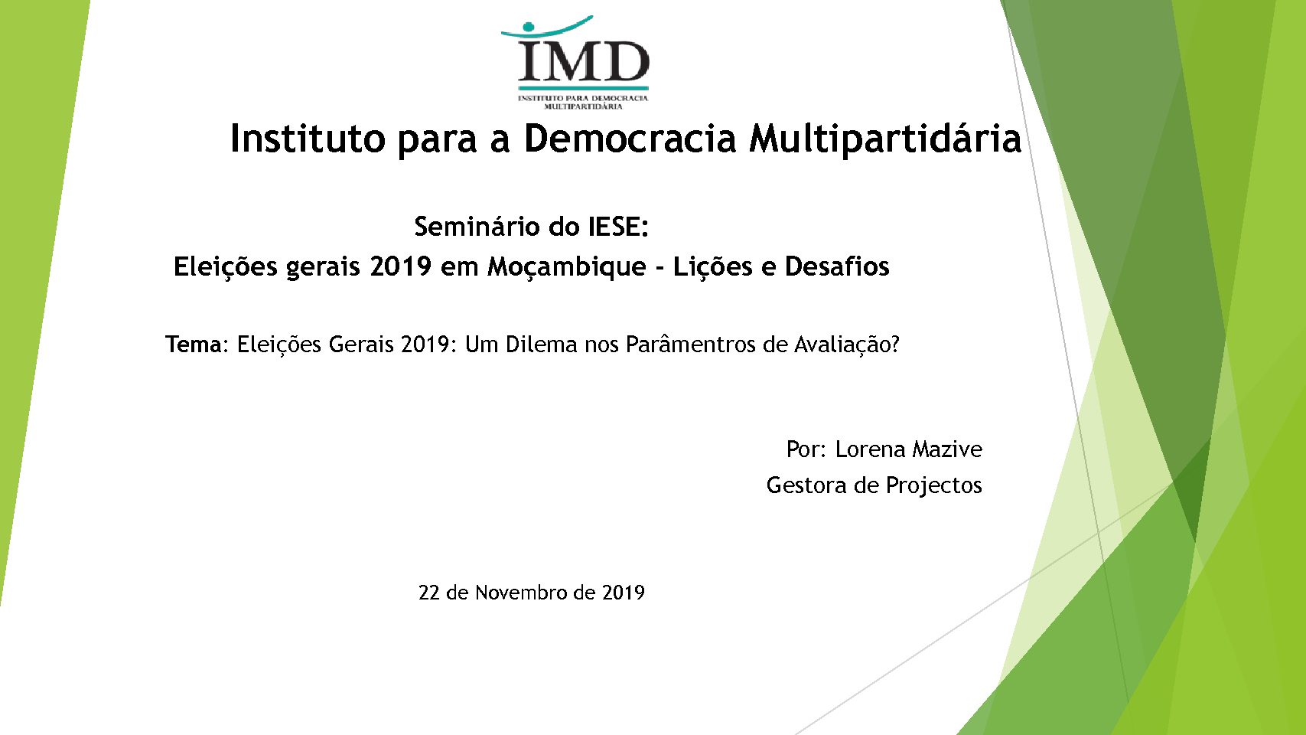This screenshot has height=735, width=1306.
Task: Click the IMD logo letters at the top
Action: [584, 61]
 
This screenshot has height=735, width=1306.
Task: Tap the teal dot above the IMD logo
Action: [529, 26]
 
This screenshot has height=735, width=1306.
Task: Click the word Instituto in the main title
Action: [308, 139]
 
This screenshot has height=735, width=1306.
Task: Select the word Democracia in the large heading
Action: [630, 139]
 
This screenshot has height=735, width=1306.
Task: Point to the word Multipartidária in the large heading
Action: [885, 139]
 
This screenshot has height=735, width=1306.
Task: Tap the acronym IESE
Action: [618, 227]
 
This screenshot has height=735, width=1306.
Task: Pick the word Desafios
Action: [837, 266]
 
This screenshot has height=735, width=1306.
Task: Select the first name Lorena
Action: [870, 449]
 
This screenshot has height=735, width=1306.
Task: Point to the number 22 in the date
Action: [428, 593]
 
